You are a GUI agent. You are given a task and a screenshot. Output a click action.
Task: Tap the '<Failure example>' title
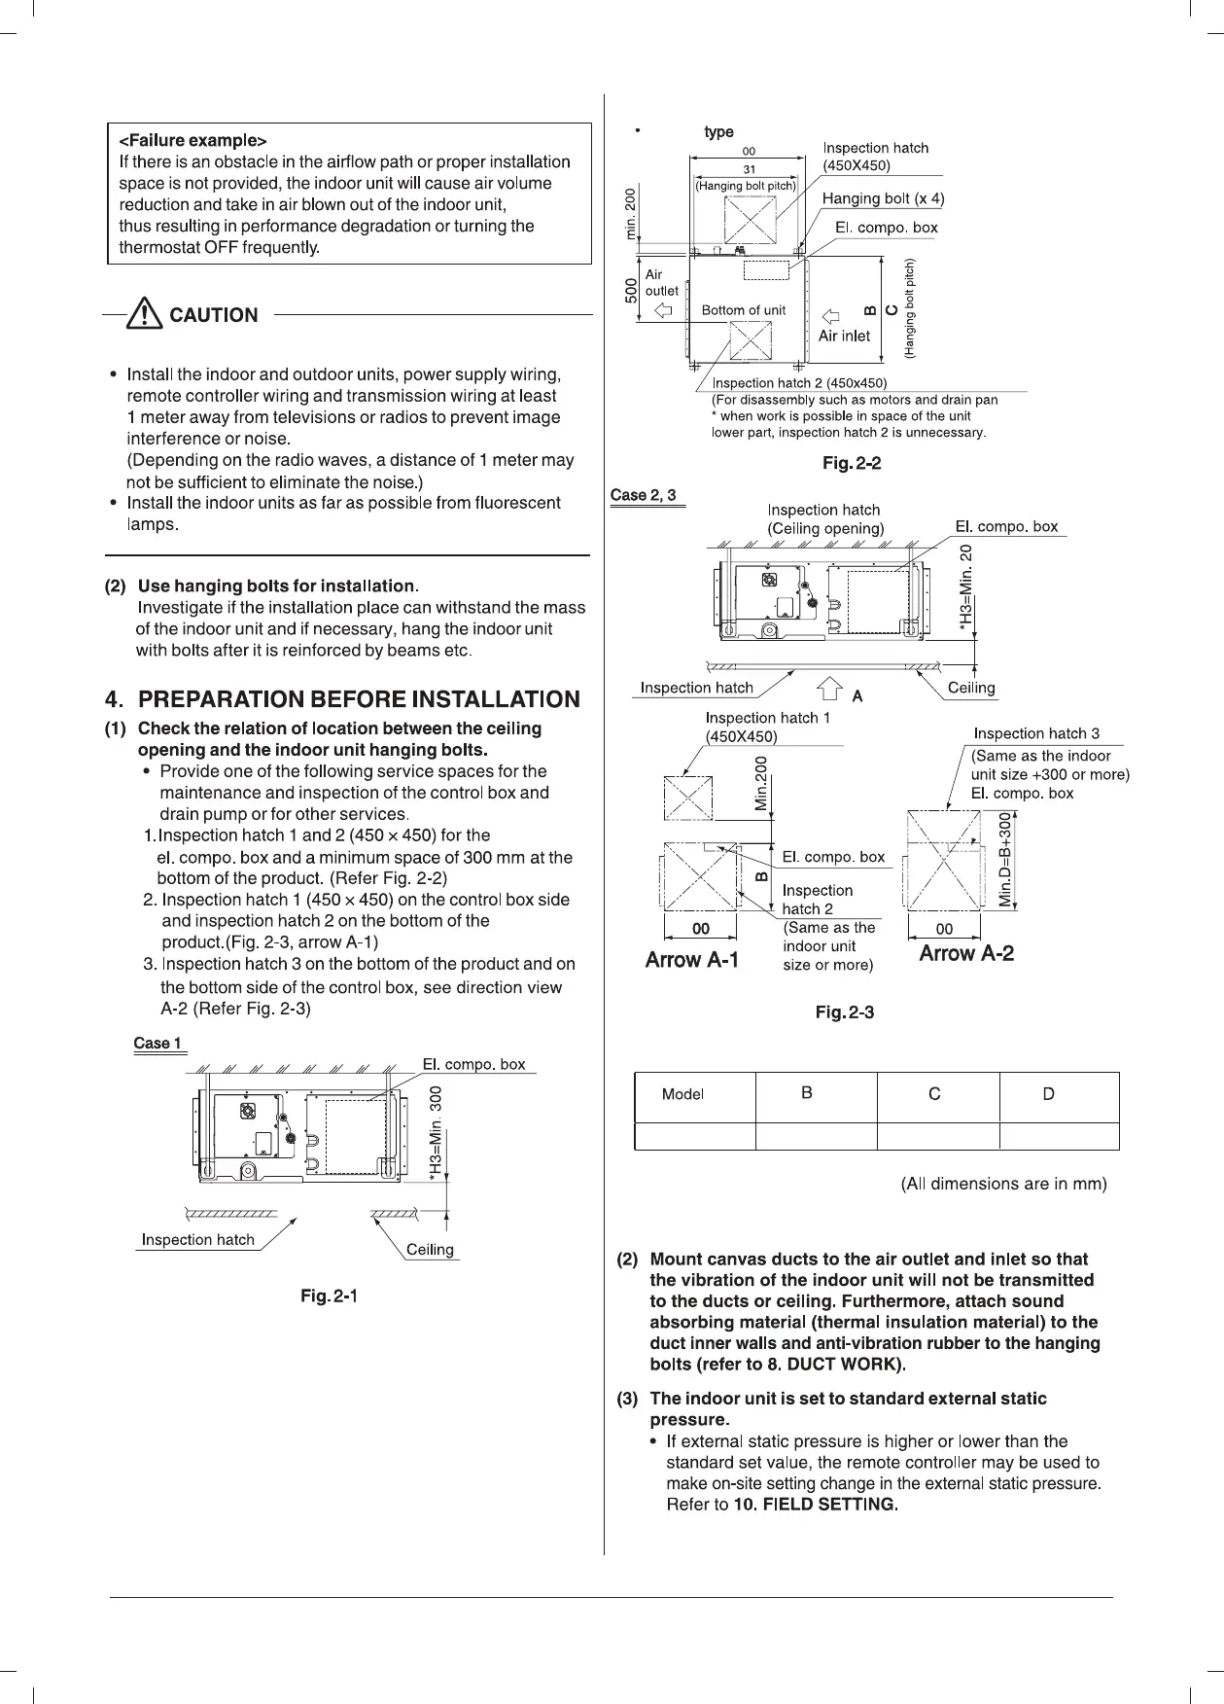[192, 140]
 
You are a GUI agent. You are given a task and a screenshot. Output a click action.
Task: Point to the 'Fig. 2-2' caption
[852, 463]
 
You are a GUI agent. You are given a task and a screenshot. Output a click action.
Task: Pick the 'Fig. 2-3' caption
[844, 1012]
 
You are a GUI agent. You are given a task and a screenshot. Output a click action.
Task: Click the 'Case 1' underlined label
[157, 1044]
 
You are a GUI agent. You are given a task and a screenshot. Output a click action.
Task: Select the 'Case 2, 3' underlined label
[643, 495]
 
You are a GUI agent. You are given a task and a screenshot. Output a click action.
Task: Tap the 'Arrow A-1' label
[692, 960]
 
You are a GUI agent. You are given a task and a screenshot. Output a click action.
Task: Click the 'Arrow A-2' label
[966, 953]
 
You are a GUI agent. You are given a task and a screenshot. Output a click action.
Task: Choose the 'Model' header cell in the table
[682, 1094]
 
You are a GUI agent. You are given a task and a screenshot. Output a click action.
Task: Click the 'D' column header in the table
[1048, 1094]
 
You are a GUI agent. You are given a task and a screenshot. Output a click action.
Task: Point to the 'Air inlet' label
[844, 336]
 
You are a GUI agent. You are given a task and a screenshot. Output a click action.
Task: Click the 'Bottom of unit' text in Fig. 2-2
[744, 310]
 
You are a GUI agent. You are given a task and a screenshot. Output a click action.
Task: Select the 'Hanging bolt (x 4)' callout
[883, 198]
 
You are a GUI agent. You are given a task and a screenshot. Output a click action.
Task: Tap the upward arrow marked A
[828, 690]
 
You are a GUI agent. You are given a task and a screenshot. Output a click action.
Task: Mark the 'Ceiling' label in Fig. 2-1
[430, 1250]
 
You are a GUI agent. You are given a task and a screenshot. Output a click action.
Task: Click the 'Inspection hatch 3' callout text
[1036, 733]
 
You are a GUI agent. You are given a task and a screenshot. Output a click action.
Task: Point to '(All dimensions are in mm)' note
[1004, 1184]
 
